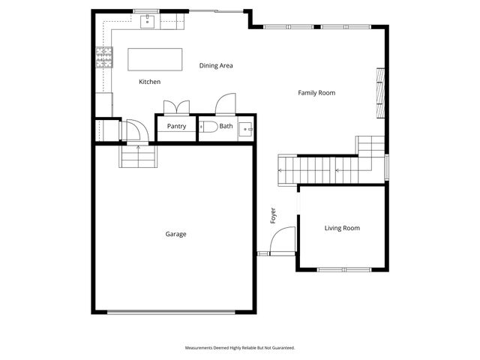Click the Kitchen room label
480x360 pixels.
[x=150, y=82]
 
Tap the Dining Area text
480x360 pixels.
[x=216, y=66]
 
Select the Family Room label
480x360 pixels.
[x=316, y=93]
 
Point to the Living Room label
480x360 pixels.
[x=342, y=228]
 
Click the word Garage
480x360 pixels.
[x=175, y=234]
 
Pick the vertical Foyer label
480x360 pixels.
[x=274, y=216]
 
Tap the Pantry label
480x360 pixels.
[x=177, y=127]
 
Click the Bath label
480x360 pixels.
[x=226, y=127]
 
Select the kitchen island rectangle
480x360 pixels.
[x=155, y=58]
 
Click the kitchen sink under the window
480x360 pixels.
[x=148, y=21]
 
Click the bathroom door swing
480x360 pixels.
[x=226, y=106]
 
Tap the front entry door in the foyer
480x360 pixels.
[x=280, y=242]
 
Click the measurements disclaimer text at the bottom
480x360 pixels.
[x=240, y=348]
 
